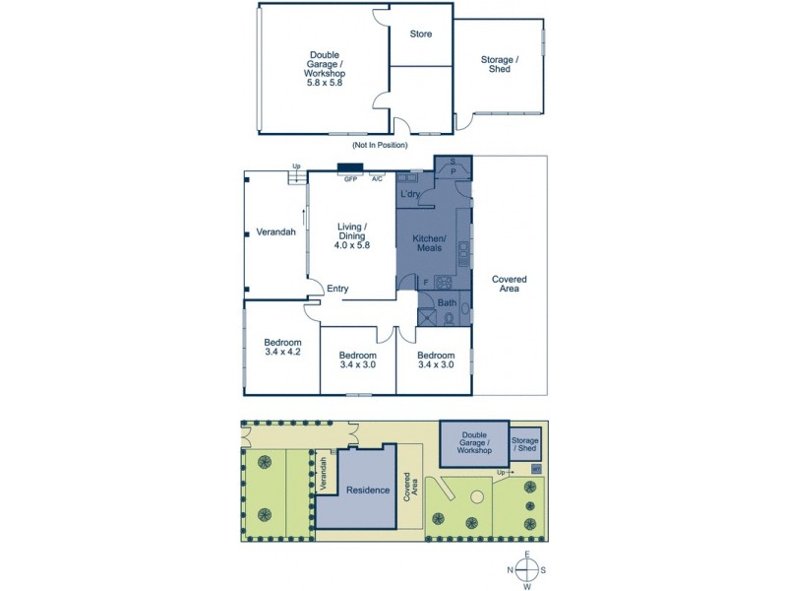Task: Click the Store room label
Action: pyautogui.click(x=421, y=34)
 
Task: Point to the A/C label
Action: pyautogui.click(x=377, y=179)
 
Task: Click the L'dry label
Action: pyautogui.click(x=410, y=196)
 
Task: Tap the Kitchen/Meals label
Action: pyautogui.click(x=435, y=244)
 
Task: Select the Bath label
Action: pyautogui.click(x=447, y=302)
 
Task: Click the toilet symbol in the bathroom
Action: pyautogui.click(x=450, y=318)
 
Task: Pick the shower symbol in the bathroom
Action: pyautogui.click(x=426, y=317)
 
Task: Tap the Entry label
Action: pyautogui.click(x=337, y=289)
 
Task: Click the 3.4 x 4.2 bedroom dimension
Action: pyautogui.click(x=281, y=352)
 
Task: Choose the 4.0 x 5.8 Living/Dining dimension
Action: pyautogui.click(x=351, y=245)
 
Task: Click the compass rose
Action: pyautogui.click(x=527, y=570)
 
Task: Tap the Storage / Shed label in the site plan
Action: pyautogui.click(x=525, y=444)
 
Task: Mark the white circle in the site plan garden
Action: pyautogui.click(x=476, y=497)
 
